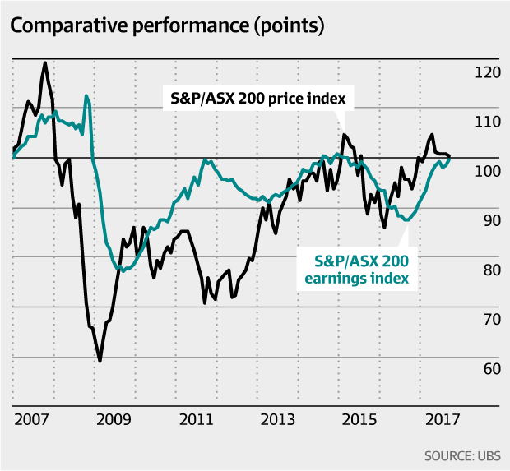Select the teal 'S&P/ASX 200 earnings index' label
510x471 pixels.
(364, 270)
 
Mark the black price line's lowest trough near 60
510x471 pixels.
(100, 361)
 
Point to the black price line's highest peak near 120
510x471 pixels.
(44, 62)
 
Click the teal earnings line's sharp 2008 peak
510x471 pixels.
(86, 96)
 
